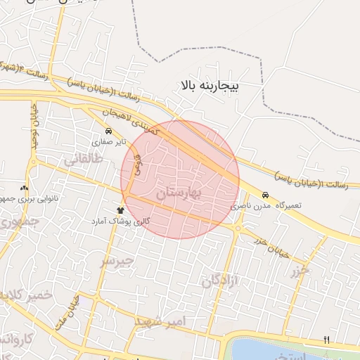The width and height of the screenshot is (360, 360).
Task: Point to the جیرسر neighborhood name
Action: click(x=117, y=261)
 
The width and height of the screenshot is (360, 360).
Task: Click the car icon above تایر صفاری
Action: click(x=108, y=131)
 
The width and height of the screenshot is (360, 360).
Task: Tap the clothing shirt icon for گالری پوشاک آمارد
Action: click(x=120, y=210)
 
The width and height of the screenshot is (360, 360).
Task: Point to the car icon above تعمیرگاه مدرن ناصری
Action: click(x=265, y=195)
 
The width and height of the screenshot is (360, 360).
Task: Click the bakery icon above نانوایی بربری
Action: click(x=25, y=188)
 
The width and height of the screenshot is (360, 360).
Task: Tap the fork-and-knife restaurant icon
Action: click(x=326, y=340)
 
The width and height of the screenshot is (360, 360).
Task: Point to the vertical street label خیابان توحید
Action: click(x=33, y=127)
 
